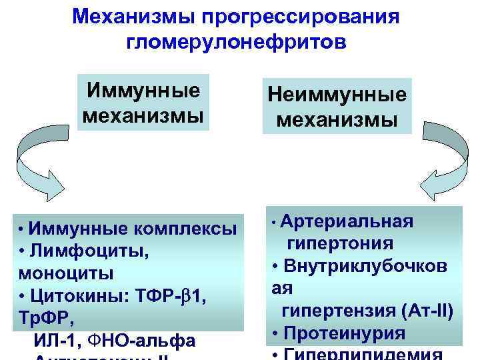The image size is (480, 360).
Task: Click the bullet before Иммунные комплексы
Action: pyautogui.click(x=22, y=229)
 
